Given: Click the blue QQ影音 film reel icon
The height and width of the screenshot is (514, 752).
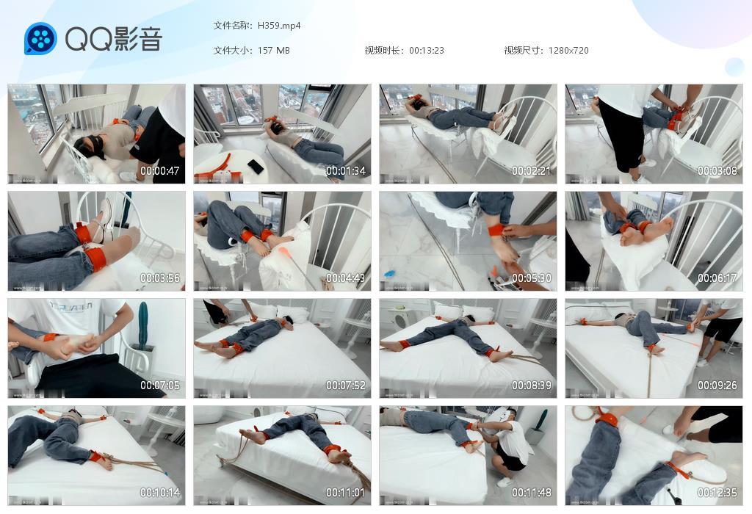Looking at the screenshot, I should click(40, 39).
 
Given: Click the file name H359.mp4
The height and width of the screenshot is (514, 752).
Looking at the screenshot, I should click(279, 26).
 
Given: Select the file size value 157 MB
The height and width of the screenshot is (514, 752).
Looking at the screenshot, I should click(274, 51).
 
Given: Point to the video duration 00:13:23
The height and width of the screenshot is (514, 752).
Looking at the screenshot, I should click(427, 51).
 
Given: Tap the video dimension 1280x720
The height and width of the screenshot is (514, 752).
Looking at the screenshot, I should click(568, 51).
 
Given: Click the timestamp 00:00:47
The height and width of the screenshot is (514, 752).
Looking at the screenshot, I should click(160, 171).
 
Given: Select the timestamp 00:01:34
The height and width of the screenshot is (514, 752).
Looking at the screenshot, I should click(346, 171).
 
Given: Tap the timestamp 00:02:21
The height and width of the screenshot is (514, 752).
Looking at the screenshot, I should click(532, 171).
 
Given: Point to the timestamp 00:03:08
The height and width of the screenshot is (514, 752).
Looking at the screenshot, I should click(717, 171).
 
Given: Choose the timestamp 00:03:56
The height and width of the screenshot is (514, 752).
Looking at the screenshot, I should click(160, 278).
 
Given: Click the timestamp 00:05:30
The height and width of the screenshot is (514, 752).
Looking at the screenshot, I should click(532, 278).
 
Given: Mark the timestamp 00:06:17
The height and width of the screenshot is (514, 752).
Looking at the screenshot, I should click(717, 278).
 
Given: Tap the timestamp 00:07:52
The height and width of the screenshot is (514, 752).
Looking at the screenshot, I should click(346, 385).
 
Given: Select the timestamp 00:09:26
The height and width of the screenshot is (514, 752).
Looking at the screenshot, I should click(717, 385).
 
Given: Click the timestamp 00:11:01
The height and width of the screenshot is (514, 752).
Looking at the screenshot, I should click(346, 493).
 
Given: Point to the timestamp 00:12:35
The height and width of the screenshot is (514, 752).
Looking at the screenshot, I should click(717, 493).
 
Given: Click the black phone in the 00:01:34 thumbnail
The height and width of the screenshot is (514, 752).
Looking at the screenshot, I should click(256, 167).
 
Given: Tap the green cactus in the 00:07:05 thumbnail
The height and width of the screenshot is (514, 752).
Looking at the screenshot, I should click(142, 322).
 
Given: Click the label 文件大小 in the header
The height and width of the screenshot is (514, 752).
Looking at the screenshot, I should click(232, 51).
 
